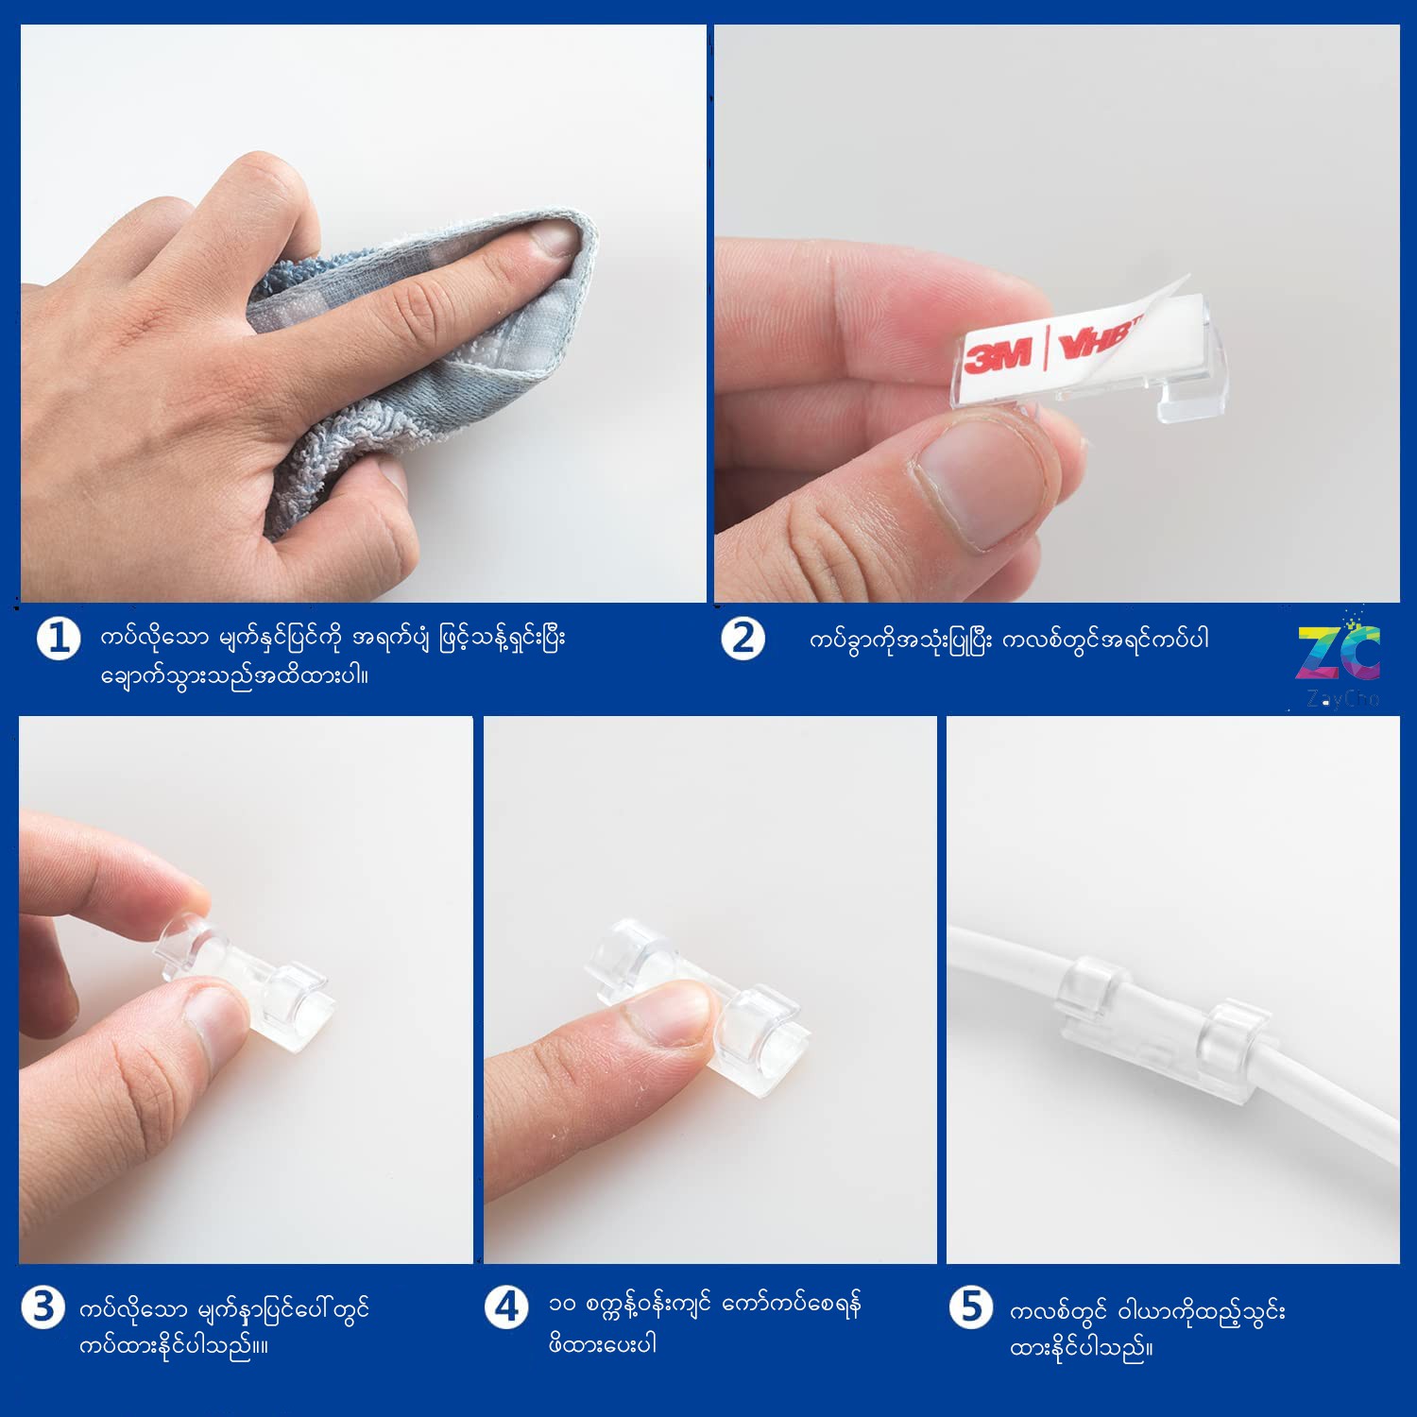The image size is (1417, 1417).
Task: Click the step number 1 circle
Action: [x=59, y=640]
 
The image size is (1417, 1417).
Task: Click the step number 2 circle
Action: [x=743, y=639]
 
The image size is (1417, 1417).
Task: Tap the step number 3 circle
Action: [x=43, y=1308]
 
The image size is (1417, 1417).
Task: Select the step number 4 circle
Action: [x=506, y=1307]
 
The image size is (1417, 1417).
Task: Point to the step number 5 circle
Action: [x=971, y=1307]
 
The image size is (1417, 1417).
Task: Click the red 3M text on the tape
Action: [x=999, y=355]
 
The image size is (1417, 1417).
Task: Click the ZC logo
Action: [x=1339, y=652]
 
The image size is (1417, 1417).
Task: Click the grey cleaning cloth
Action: [x=425, y=368]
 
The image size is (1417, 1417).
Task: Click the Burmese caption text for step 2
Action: [x=1009, y=640]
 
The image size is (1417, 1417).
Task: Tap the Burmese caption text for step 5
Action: [x=1147, y=1328]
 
